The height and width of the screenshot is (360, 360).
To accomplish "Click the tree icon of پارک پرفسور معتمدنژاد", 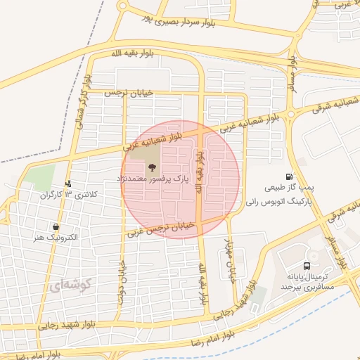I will click(150, 167).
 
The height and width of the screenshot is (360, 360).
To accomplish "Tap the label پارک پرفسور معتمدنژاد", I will click(150, 180).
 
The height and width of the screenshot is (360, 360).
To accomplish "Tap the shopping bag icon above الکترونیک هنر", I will click(56, 227).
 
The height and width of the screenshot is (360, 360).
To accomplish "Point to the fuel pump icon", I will click(288, 177).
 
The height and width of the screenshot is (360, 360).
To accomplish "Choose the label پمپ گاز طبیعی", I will click(288, 188).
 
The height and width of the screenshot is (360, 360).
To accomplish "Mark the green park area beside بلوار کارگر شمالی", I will click(43, 176).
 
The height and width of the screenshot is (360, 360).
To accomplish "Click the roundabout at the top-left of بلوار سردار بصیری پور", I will click(123, 6).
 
